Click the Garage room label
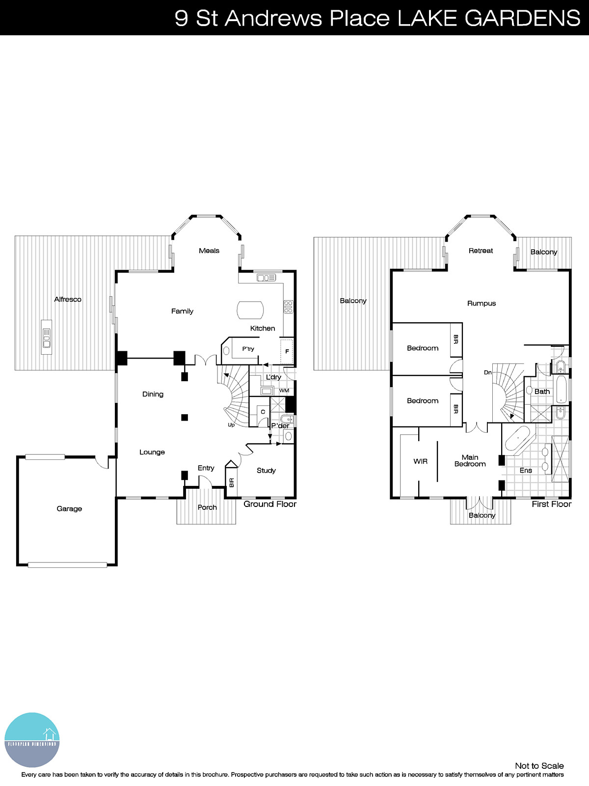69,508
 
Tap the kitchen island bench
250,310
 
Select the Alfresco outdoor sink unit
47,337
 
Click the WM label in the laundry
284,391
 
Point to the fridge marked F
287,351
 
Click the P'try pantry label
248,349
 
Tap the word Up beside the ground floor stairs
231,425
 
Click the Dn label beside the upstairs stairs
487,372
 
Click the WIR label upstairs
420,461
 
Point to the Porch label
207,507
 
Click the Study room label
266,471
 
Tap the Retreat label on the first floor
481,251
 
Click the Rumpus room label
481,304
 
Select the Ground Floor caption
270,504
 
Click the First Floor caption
551,504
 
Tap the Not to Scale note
539,765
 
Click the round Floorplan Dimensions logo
32,740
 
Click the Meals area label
209,251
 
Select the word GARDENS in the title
522,18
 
